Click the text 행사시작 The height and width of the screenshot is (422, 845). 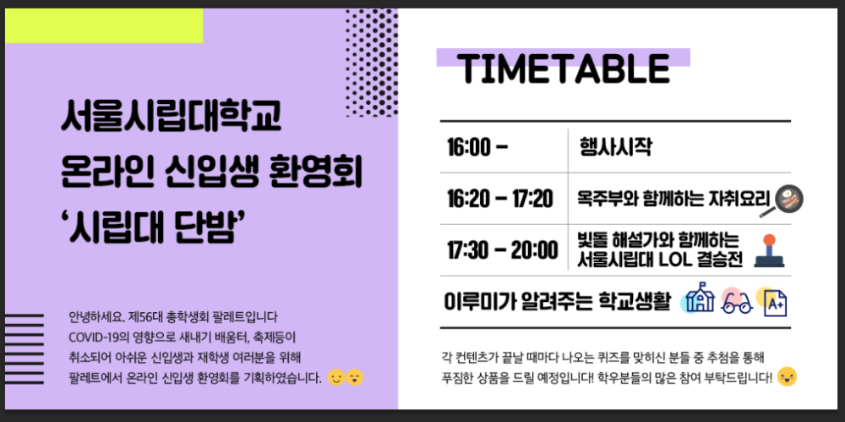pos(616,147)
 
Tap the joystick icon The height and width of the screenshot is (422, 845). pos(769,251)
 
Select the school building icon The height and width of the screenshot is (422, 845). pos(699,298)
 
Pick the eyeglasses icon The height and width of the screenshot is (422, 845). pos(736,301)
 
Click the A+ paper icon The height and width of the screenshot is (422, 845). pos(773,302)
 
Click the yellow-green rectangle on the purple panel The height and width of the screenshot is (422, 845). pos(104,25)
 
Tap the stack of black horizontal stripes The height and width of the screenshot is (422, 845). pos(24,348)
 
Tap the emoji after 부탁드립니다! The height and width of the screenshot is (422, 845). pos(788,376)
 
